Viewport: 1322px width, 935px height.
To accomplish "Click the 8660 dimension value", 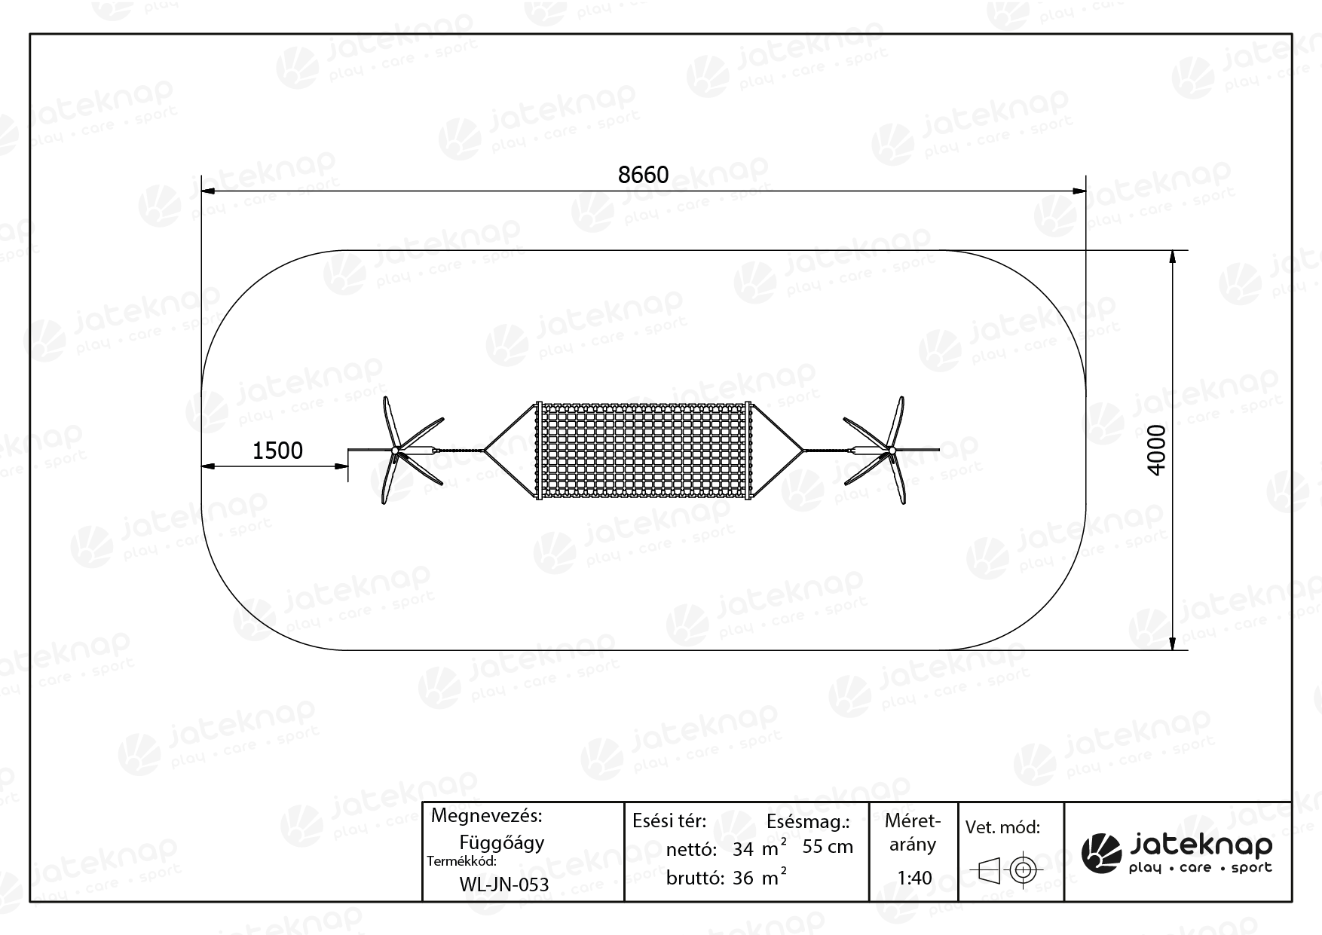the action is (643, 175).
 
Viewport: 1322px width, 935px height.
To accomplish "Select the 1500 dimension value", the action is (277, 451).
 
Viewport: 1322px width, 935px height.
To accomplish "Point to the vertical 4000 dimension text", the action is (1156, 450).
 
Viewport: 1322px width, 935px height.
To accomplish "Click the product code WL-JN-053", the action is (503, 885).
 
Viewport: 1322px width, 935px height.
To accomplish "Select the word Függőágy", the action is (502, 842).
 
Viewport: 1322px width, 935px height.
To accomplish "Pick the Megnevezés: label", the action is (486, 816).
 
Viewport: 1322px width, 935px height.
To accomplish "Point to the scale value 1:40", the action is (914, 878).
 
